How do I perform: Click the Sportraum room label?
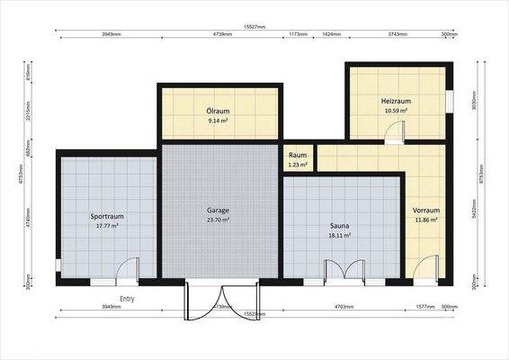(107, 216)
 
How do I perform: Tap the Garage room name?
(218, 210)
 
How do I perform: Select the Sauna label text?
(339, 226)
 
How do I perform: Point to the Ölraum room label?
(218, 110)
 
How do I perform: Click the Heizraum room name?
(396, 101)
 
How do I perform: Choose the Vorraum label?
(425, 210)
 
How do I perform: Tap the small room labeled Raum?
(298, 155)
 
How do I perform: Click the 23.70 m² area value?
(218, 220)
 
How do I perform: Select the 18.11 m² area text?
(339, 236)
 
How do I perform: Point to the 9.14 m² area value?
(218, 120)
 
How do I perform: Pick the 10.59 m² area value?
(396, 111)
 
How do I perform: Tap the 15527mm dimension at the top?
(254, 27)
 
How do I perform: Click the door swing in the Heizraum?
(393, 133)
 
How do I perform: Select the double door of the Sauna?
(345, 270)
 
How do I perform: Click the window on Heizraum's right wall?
(449, 100)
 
